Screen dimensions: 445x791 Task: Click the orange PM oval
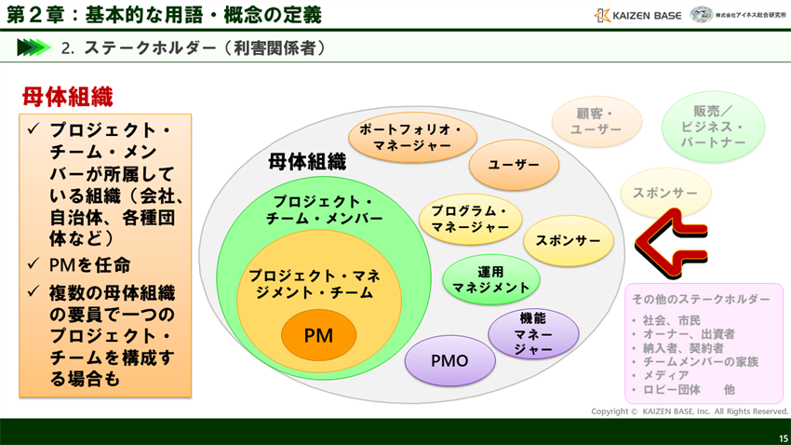[318, 335]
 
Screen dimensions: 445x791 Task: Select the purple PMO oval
[449, 360]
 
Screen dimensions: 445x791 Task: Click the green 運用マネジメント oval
[490, 279]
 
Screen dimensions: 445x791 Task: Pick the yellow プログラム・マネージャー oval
[470, 219]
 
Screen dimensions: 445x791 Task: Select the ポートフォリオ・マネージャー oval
[412, 138]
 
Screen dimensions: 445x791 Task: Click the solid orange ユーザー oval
[514, 165]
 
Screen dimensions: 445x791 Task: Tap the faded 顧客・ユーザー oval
[596, 122]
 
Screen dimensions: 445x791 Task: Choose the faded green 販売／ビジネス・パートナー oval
[713, 127]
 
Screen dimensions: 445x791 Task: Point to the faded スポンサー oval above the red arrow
[665, 193]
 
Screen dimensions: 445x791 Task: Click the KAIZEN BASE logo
[637, 15]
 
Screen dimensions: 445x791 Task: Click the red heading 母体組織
[67, 97]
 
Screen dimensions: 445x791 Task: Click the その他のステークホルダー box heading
[701, 299]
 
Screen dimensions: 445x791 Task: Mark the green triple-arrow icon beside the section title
[34, 47]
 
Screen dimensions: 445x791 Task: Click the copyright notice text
[689, 411]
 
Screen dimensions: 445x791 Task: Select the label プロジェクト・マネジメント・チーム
[312, 284]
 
